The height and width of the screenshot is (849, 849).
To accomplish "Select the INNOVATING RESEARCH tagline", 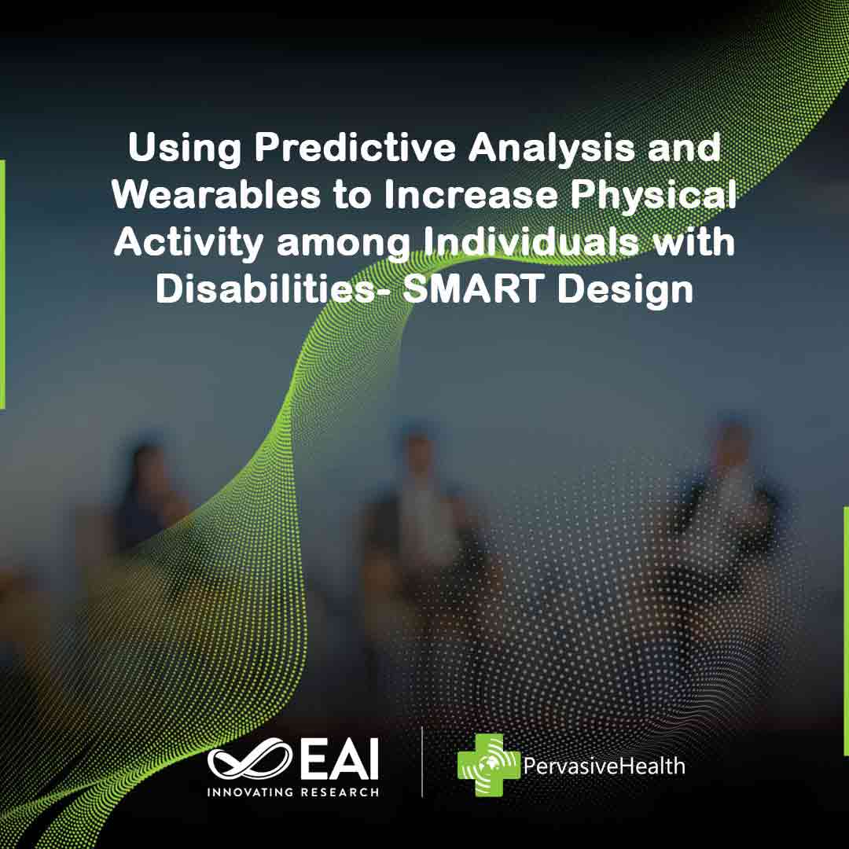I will pos(292,792).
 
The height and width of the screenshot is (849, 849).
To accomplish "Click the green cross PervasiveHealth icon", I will pos(489,765).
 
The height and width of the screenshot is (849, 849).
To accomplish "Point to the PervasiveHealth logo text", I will pos(603,765).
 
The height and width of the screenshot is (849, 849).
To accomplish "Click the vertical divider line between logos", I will pos(422,762).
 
